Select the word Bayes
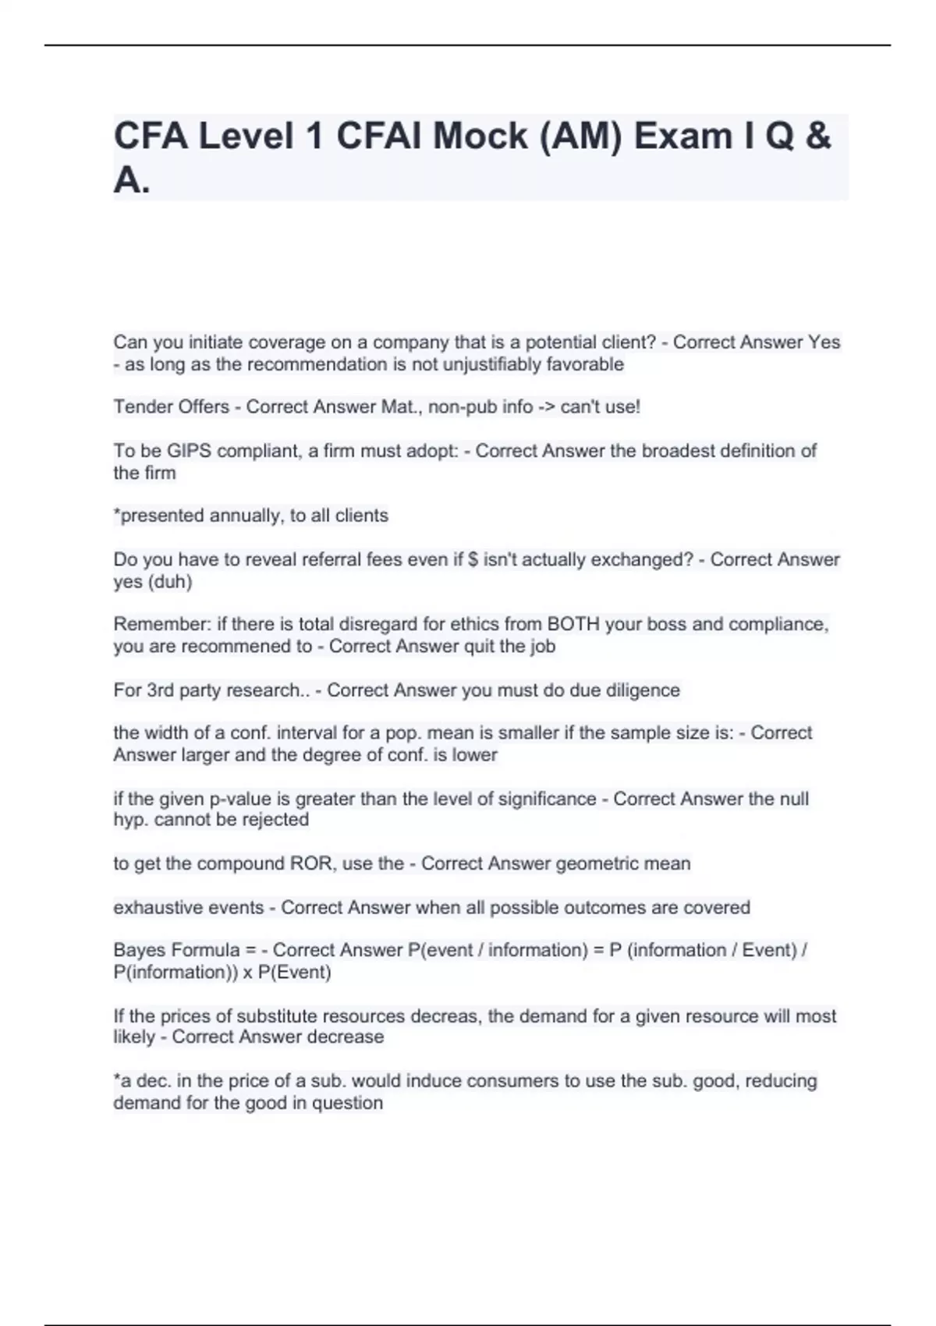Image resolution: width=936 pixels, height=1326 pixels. pos(139,950)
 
